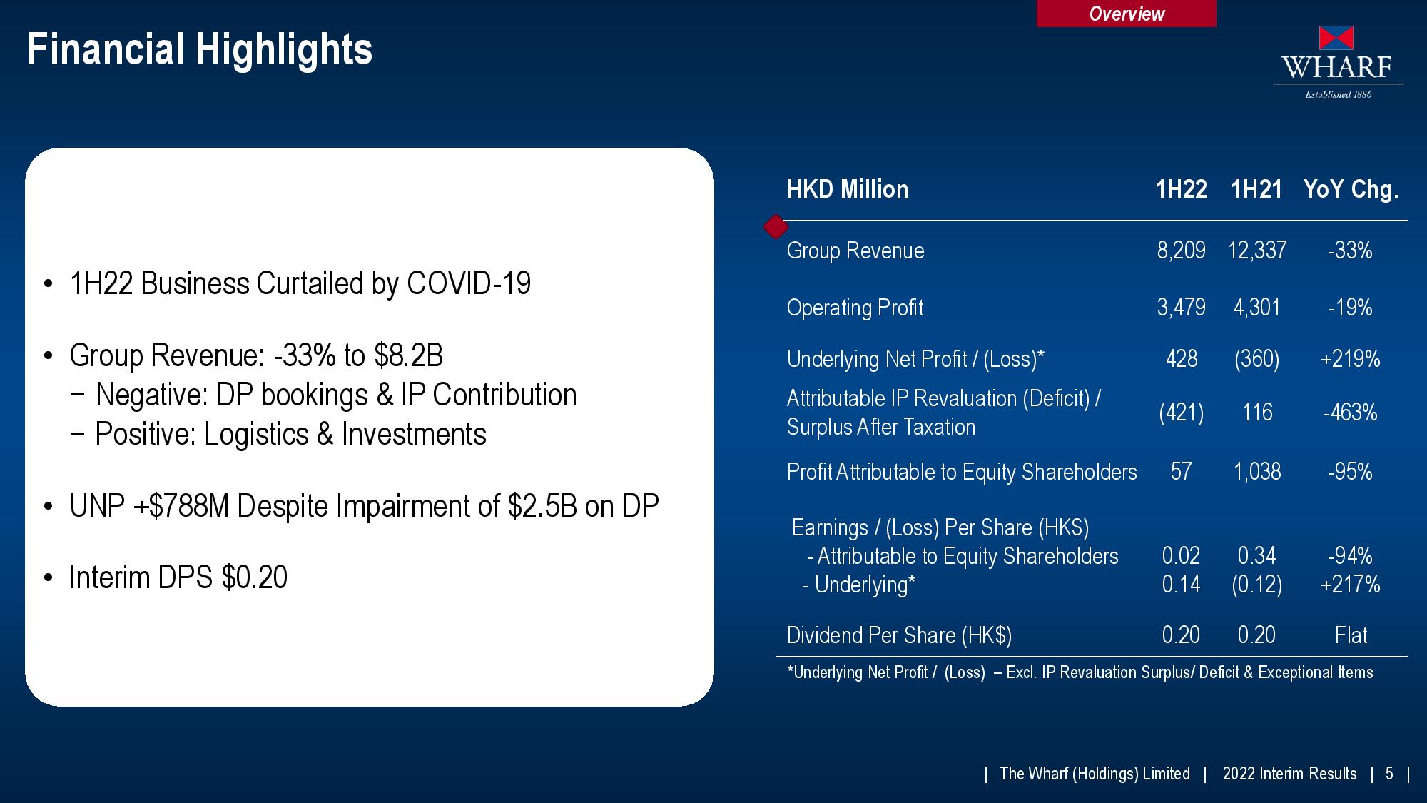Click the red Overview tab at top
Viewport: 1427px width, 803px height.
click(x=1126, y=14)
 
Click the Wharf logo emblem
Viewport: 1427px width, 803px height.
click(x=1336, y=38)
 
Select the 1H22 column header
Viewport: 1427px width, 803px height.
click(x=1181, y=189)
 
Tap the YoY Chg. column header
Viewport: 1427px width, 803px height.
click(x=1351, y=190)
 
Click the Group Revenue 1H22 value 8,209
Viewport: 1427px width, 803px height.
click(x=1181, y=251)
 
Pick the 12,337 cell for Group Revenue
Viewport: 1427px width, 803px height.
click(x=1257, y=251)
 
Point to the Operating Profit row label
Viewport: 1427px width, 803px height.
click(x=855, y=308)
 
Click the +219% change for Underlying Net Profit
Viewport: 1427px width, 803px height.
click(x=1350, y=358)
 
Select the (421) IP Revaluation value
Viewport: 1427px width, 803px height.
click(x=1181, y=413)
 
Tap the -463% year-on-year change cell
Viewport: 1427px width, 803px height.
click(x=1350, y=413)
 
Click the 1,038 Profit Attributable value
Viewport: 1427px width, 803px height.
click(x=1257, y=471)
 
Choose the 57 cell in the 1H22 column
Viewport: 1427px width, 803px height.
click(x=1181, y=471)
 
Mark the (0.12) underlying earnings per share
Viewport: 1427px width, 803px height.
click(x=1256, y=585)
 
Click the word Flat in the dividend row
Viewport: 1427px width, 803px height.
click(x=1351, y=635)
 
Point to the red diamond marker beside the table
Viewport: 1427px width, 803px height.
click(x=776, y=227)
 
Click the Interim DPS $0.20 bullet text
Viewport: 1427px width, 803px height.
click(x=178, y=577)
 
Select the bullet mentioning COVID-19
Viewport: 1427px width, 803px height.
click(x=300, y=283)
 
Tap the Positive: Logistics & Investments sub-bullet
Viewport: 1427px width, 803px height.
click(x=291, y=434)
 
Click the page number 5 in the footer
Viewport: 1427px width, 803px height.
click(x=1389, y=774)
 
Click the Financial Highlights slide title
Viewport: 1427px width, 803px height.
click(x=200, y=49)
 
